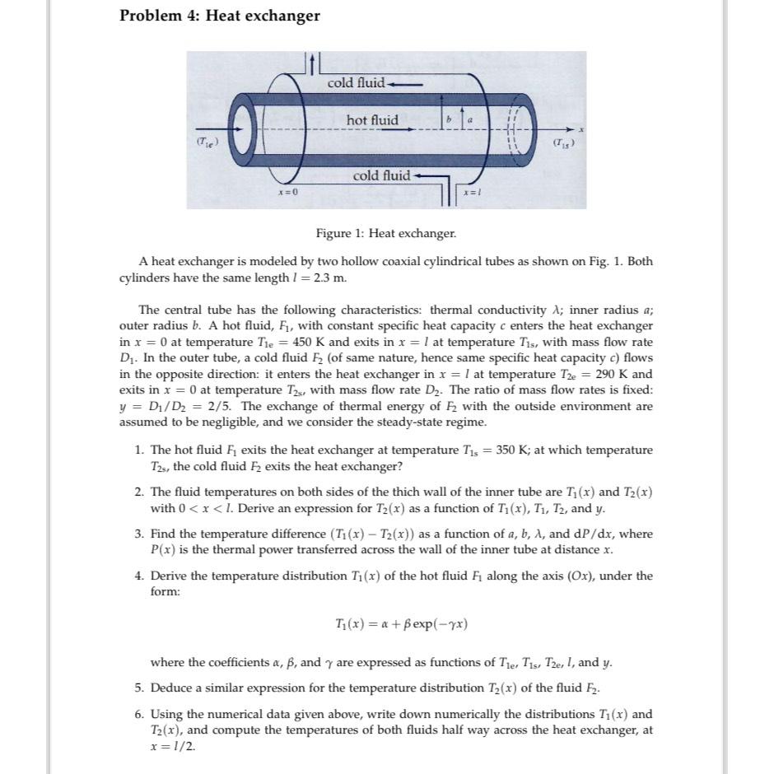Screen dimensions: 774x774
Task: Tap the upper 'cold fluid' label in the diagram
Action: click(x=356, y=82)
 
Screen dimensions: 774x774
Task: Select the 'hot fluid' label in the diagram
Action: click(x=372, y=120)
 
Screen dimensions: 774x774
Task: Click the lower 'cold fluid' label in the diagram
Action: click(x=381, y=175)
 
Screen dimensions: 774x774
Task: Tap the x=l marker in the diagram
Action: click(x=472, y=191)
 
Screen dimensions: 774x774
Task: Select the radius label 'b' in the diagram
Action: click(x=449, y=120)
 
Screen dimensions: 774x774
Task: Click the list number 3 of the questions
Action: click(x=139, y=534)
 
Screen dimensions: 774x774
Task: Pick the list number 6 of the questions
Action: click(x=139, y=714)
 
